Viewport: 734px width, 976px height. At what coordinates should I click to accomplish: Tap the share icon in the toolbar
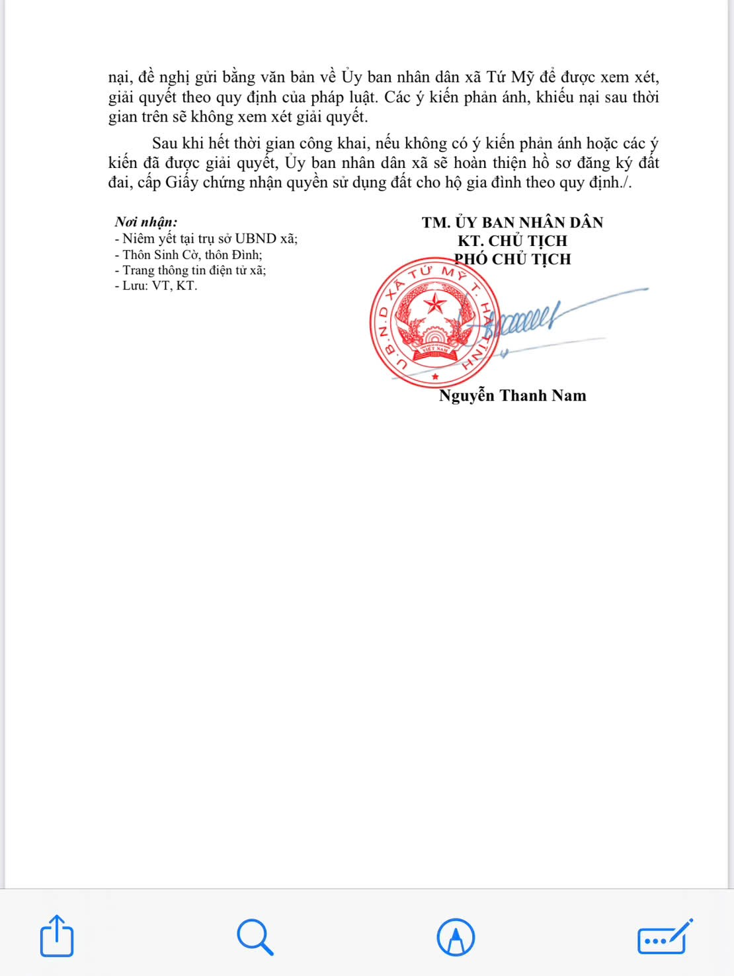click(x=57, y=936)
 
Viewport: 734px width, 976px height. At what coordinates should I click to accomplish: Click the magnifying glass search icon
click(x=255, y=936)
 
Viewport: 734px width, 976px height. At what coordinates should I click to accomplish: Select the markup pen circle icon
click(x=456, y=937)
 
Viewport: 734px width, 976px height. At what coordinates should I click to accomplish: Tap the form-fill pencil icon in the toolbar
click(x=665, y=937)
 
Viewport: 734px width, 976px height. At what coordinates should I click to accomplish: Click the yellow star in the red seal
click(x=435, y=304)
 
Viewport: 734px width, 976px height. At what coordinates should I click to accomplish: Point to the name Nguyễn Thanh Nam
click(x=512, y=395)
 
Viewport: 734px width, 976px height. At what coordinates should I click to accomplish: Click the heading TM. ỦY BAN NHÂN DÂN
click(x=512, y=222)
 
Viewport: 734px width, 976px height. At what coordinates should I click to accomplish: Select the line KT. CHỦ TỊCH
click(x=512, y=241)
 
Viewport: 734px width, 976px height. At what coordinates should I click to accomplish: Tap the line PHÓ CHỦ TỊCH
click(x=512, y=259)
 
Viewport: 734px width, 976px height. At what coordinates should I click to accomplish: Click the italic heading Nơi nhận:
click(x=146, y=222)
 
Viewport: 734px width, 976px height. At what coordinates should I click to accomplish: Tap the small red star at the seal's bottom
click(x=435, y=376)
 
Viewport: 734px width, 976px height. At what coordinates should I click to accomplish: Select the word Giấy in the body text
click(x=182, y=183)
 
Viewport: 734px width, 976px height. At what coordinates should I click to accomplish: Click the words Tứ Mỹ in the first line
click(x=510, y=77)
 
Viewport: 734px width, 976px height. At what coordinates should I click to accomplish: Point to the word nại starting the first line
click(x=120, y=77)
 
